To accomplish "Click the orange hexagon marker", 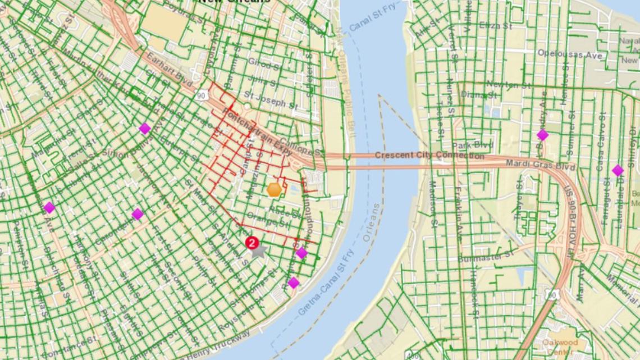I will pyautogui.click(x=274, y=189).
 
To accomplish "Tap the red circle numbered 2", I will pyautogui.click(x=252, y=243).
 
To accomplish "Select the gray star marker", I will pyautogui.click(x=258, y=250).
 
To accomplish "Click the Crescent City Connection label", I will pyautogui.click(x=421, y=155).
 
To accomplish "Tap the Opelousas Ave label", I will pyautogui.click(x=569, y=54).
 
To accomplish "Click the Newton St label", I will pyautogui.click(x=508, y=85).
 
